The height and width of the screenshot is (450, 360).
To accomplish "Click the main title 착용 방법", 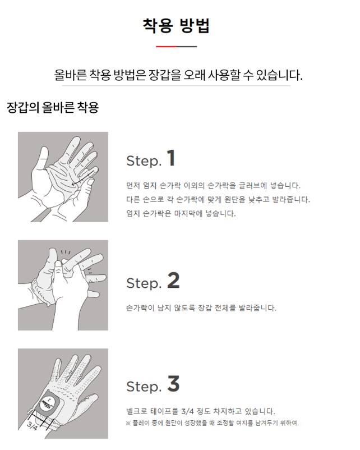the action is pos(176,26).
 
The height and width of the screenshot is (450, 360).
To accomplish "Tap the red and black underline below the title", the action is pos(177,46).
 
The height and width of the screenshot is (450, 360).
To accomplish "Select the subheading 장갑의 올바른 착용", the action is pos(53,107).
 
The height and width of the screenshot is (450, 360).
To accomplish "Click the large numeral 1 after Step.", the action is pos(171,158).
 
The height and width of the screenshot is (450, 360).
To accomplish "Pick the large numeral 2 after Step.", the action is pos(173,280).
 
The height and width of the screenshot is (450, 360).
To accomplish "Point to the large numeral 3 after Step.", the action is pos(173,383).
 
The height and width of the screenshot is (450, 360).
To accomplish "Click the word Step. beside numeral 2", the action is pos(144,283).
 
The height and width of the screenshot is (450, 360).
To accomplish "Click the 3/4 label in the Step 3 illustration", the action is pos(32,426).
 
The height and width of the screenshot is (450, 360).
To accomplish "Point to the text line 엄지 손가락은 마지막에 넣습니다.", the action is pos(181,214).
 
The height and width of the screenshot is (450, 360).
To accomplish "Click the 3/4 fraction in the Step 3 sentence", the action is pos(187,411).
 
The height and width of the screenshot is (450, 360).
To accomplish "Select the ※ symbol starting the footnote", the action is pos(128,423).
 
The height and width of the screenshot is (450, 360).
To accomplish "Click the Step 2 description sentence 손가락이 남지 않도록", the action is pos(201,308).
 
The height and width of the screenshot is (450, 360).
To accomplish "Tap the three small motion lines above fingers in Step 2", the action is pos(66,252).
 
